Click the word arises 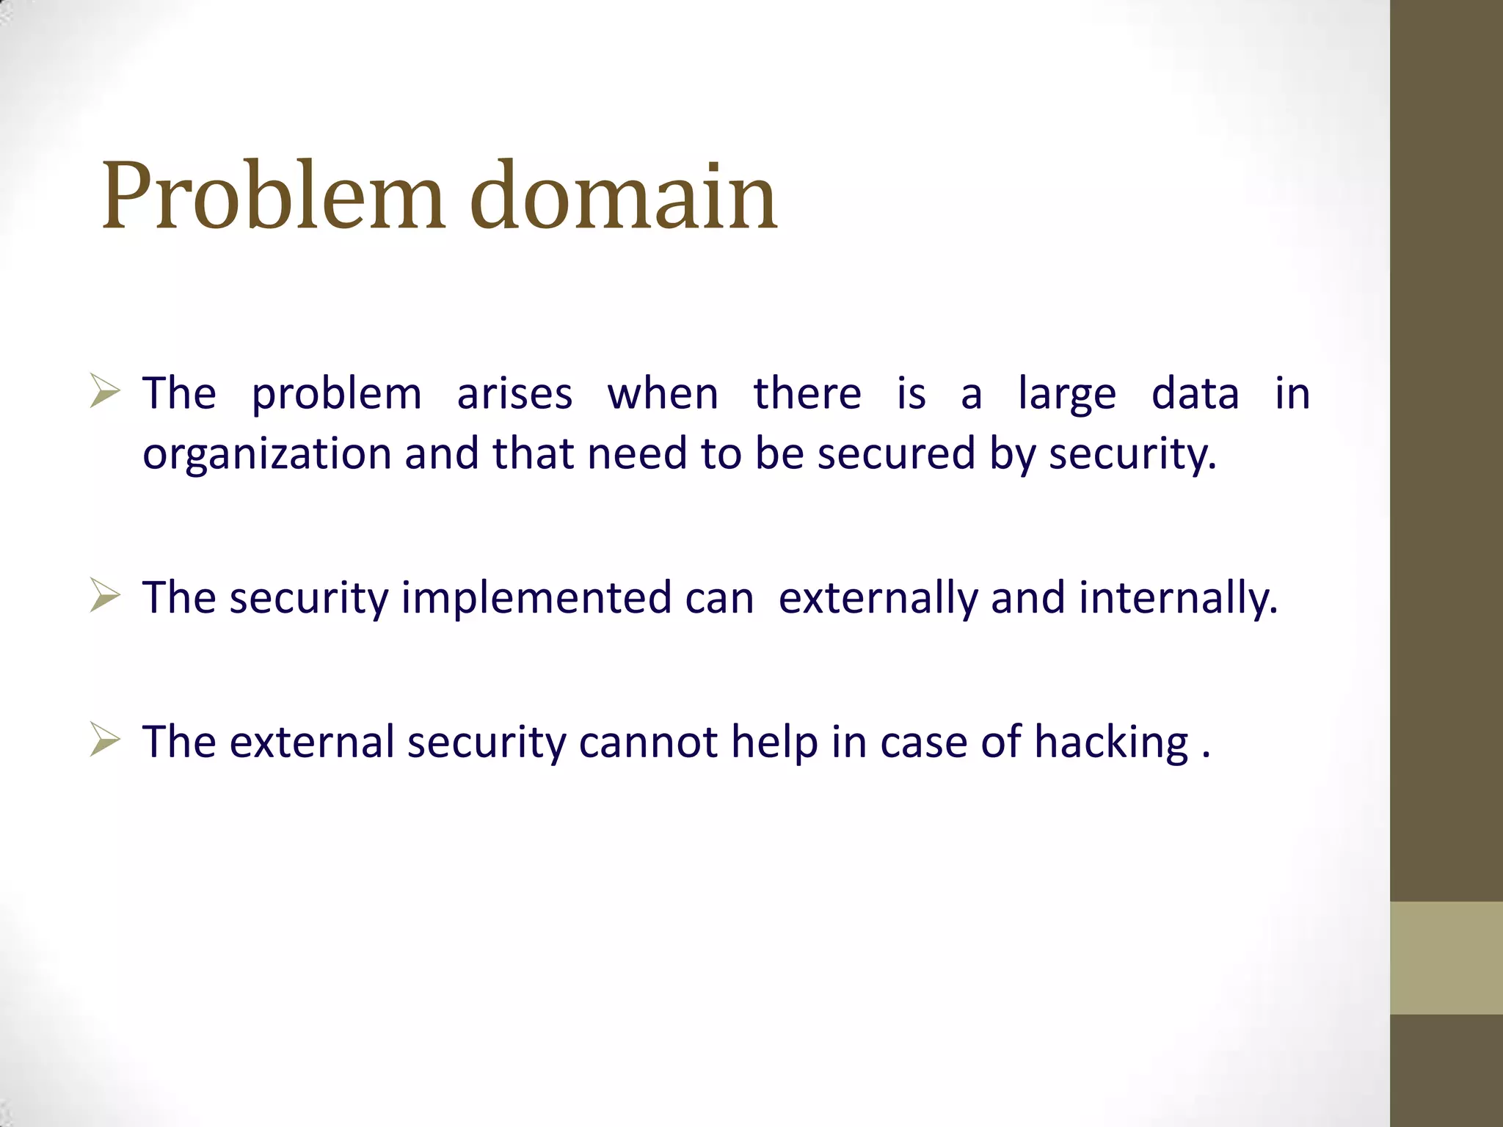[514, 394]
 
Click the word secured [896, 453]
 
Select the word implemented [536, 598]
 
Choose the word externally [878, 598]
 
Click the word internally [1178, 598]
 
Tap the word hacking [1111, 743]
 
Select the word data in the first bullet [1195, 394]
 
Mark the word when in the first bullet [663, 394]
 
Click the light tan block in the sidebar [1446, 958]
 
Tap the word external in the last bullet [312, 742]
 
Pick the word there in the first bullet [807, 394]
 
